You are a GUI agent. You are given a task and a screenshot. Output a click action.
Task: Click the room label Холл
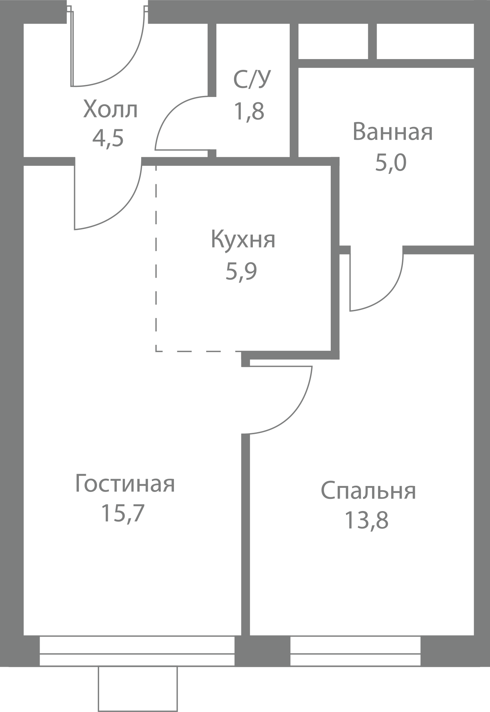110,110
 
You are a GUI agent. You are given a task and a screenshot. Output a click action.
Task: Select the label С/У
251,80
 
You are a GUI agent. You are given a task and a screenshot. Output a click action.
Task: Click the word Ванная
393,132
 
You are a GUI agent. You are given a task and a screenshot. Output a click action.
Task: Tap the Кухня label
243,240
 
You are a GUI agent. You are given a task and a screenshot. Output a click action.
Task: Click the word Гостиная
125,484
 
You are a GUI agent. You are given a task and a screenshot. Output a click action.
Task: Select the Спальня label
368,490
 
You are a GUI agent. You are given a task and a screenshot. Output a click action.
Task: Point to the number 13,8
366,520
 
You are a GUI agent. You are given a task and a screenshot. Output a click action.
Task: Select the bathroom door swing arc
388,295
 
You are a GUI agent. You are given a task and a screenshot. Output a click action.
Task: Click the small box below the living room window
138,689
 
